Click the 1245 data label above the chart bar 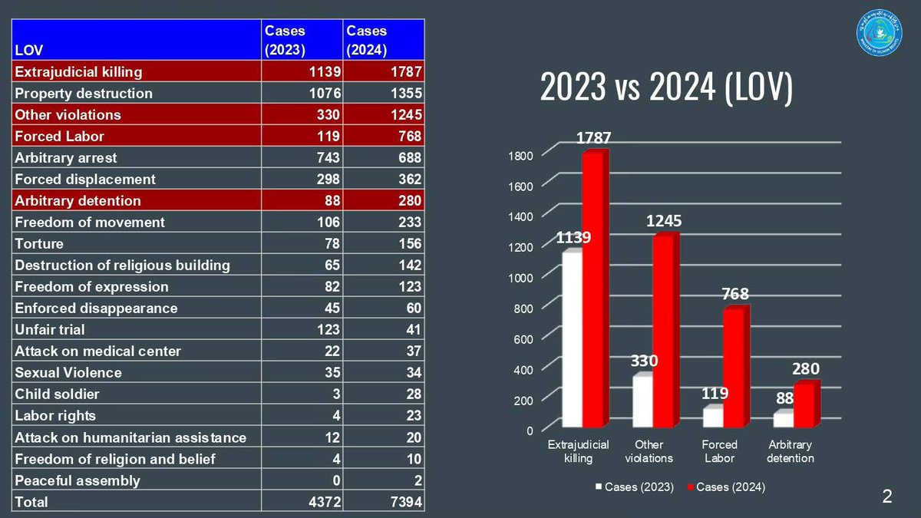(663, 221)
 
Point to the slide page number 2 (887, 497)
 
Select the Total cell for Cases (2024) (383, 502)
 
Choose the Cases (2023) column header (301, 39)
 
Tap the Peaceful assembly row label (77, 480)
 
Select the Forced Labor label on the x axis (720, 451)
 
